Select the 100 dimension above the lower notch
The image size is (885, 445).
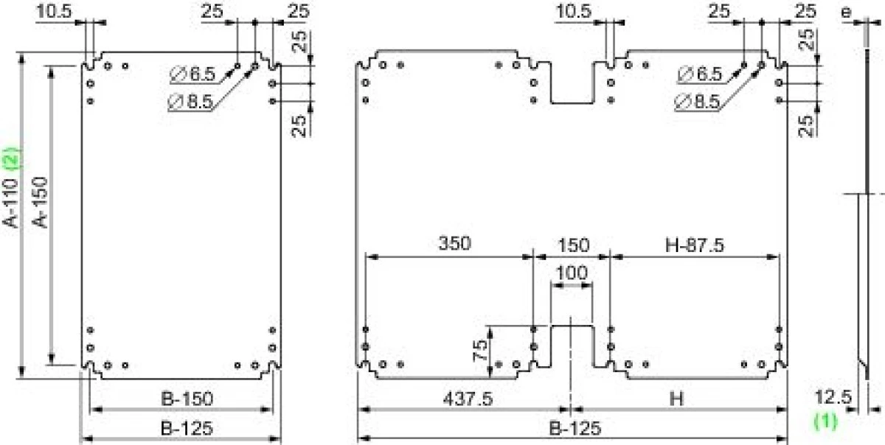point(572,273)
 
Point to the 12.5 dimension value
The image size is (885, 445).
point(833,398)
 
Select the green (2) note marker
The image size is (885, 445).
point(13,158)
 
